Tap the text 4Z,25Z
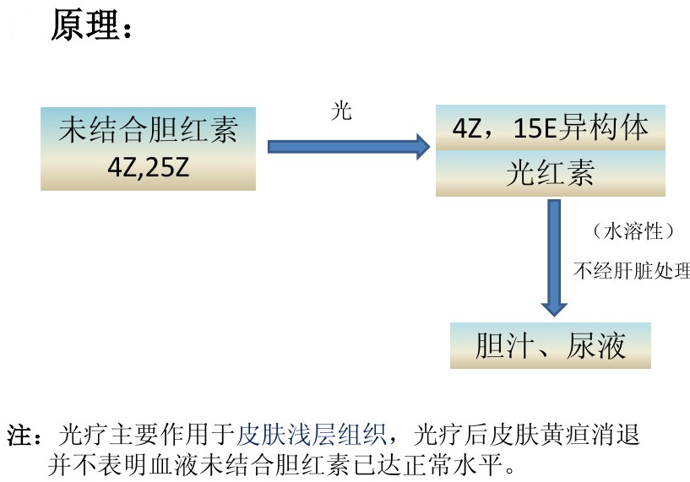point(148,167)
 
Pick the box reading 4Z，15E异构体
point(550,128)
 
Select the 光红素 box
point(550,174)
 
